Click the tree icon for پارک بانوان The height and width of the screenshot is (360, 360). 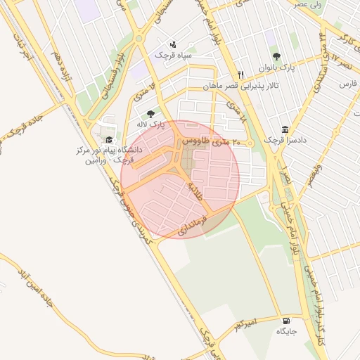coord(275,56)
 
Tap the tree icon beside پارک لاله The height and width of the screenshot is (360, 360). coord(150,113)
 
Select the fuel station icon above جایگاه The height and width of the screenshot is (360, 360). coord(285,319)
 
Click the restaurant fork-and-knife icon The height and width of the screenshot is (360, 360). coord(240,75)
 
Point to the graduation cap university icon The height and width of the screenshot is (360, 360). coord(108,139)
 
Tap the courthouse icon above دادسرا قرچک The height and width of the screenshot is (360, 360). coord(285,129)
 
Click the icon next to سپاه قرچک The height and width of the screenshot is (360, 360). coord(173,44)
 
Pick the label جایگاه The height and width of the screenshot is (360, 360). coord(286,330)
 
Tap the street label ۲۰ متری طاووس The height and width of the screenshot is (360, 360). coord(212,141)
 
